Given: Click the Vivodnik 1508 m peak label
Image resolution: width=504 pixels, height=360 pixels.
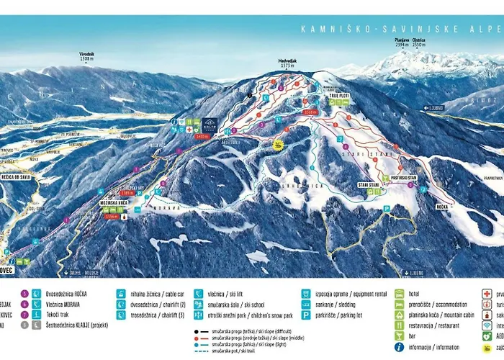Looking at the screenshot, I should [x=87, y=55].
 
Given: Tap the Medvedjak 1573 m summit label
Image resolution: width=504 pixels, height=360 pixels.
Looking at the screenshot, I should [x=287, y=63].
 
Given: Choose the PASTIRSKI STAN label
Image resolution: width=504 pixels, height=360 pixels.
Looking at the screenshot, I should [x=403, y=176].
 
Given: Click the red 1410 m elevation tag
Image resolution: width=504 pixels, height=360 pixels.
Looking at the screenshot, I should [x=202, y=135].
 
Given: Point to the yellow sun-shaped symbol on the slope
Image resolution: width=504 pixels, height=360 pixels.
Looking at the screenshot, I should [x=277, y=145].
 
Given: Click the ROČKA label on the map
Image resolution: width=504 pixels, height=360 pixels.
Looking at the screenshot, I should [x=442, y=206].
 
